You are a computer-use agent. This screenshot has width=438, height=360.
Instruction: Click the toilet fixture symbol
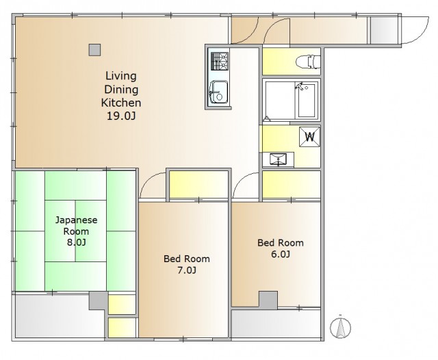pyautogui.click(x=308, y=62)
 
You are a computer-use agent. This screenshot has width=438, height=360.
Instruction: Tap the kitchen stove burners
pyautogui.click(x=220, y=61)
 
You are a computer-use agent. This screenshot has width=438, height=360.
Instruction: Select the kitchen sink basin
pyautogui.click(x=219, y=92)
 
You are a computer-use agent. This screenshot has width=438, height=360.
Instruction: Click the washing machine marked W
pyautogui.click(x=309, y=137)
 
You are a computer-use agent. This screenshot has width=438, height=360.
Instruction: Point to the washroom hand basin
pyautogui.click(x=279, y=159)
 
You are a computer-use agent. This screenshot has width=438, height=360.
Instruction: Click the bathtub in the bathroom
pyautogui.click(x=307, y=100)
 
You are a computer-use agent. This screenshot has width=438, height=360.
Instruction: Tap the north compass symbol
pyautogui.click(x=340, y=326)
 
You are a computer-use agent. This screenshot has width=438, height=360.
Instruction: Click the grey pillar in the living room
pyautogui.click(x=94, y=50)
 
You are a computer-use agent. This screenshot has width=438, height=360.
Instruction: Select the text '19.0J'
pyautogui.click(x=121, y=116)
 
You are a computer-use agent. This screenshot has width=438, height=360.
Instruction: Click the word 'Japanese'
pyautogui.click(x=76, y=220)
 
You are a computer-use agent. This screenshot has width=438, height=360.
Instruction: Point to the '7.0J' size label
pyautogui.click(x=187, y=270)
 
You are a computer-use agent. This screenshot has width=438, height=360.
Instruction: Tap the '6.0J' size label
pyautogui.click(x=281, y=254)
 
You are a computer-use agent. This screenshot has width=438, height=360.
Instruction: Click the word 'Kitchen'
pyautogui.click(x=121, y=103)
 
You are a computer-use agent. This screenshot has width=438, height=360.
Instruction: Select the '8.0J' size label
pyautogui.click(x=76, y=242)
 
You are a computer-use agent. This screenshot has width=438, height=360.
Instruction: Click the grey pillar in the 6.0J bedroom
pyautogui.click(x=268, y=300)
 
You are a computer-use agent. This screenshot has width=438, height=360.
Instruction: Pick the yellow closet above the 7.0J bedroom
pyautogui.click(x=198, y=184)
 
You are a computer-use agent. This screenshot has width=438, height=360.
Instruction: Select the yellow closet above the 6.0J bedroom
pyautogui.click(x=292, y=184)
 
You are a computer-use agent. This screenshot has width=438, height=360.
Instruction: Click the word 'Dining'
pyautogui.click(x=121, y=90)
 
